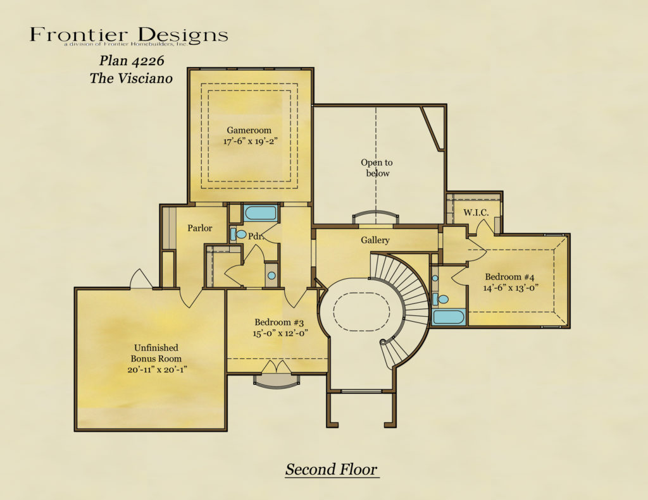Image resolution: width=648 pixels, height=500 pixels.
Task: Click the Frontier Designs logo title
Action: coord(128,35)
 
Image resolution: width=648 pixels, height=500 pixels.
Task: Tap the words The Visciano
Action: coord(131,78)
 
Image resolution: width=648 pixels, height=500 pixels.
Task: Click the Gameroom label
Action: coord(249,130)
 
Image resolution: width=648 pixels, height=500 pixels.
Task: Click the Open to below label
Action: coord(377,168)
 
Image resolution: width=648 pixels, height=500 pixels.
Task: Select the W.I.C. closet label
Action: coord(476,212)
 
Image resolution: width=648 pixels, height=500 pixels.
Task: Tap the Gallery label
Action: coord(375,240)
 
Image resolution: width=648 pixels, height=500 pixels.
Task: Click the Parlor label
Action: coord(199,228)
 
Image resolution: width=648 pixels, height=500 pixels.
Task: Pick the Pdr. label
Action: coord(255,236)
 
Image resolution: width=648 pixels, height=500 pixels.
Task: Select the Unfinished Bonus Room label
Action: coord(156,358)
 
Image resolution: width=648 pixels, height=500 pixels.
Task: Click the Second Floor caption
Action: coord(331,470)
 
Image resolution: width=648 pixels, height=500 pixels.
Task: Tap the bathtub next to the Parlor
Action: coord(260,212)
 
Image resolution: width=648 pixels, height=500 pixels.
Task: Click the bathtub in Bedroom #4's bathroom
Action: coord(449,317)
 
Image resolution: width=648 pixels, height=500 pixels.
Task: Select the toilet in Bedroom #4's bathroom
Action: coord(442,299)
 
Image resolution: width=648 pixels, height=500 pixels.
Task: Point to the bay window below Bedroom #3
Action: coord(277,381)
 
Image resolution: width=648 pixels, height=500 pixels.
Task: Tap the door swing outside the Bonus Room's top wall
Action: coord(140,279)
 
